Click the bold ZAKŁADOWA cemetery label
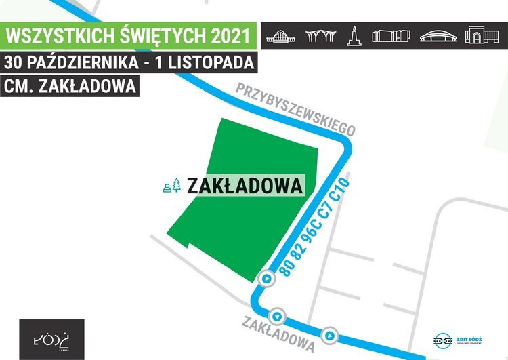pos(245,185)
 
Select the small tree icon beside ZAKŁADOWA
pos(176,185)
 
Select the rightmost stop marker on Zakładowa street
pos(329,334)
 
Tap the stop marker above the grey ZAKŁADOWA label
pos(277,316)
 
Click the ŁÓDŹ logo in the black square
pos(52,338)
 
